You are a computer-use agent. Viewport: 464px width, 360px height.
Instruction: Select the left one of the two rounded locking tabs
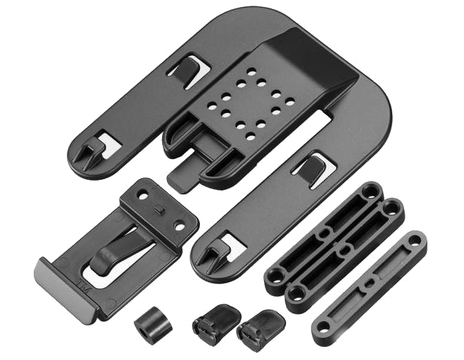pyautogui.click(x=216, y=320)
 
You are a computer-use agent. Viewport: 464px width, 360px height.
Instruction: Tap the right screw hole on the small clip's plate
pyautogui.click(x=179, y=225)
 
